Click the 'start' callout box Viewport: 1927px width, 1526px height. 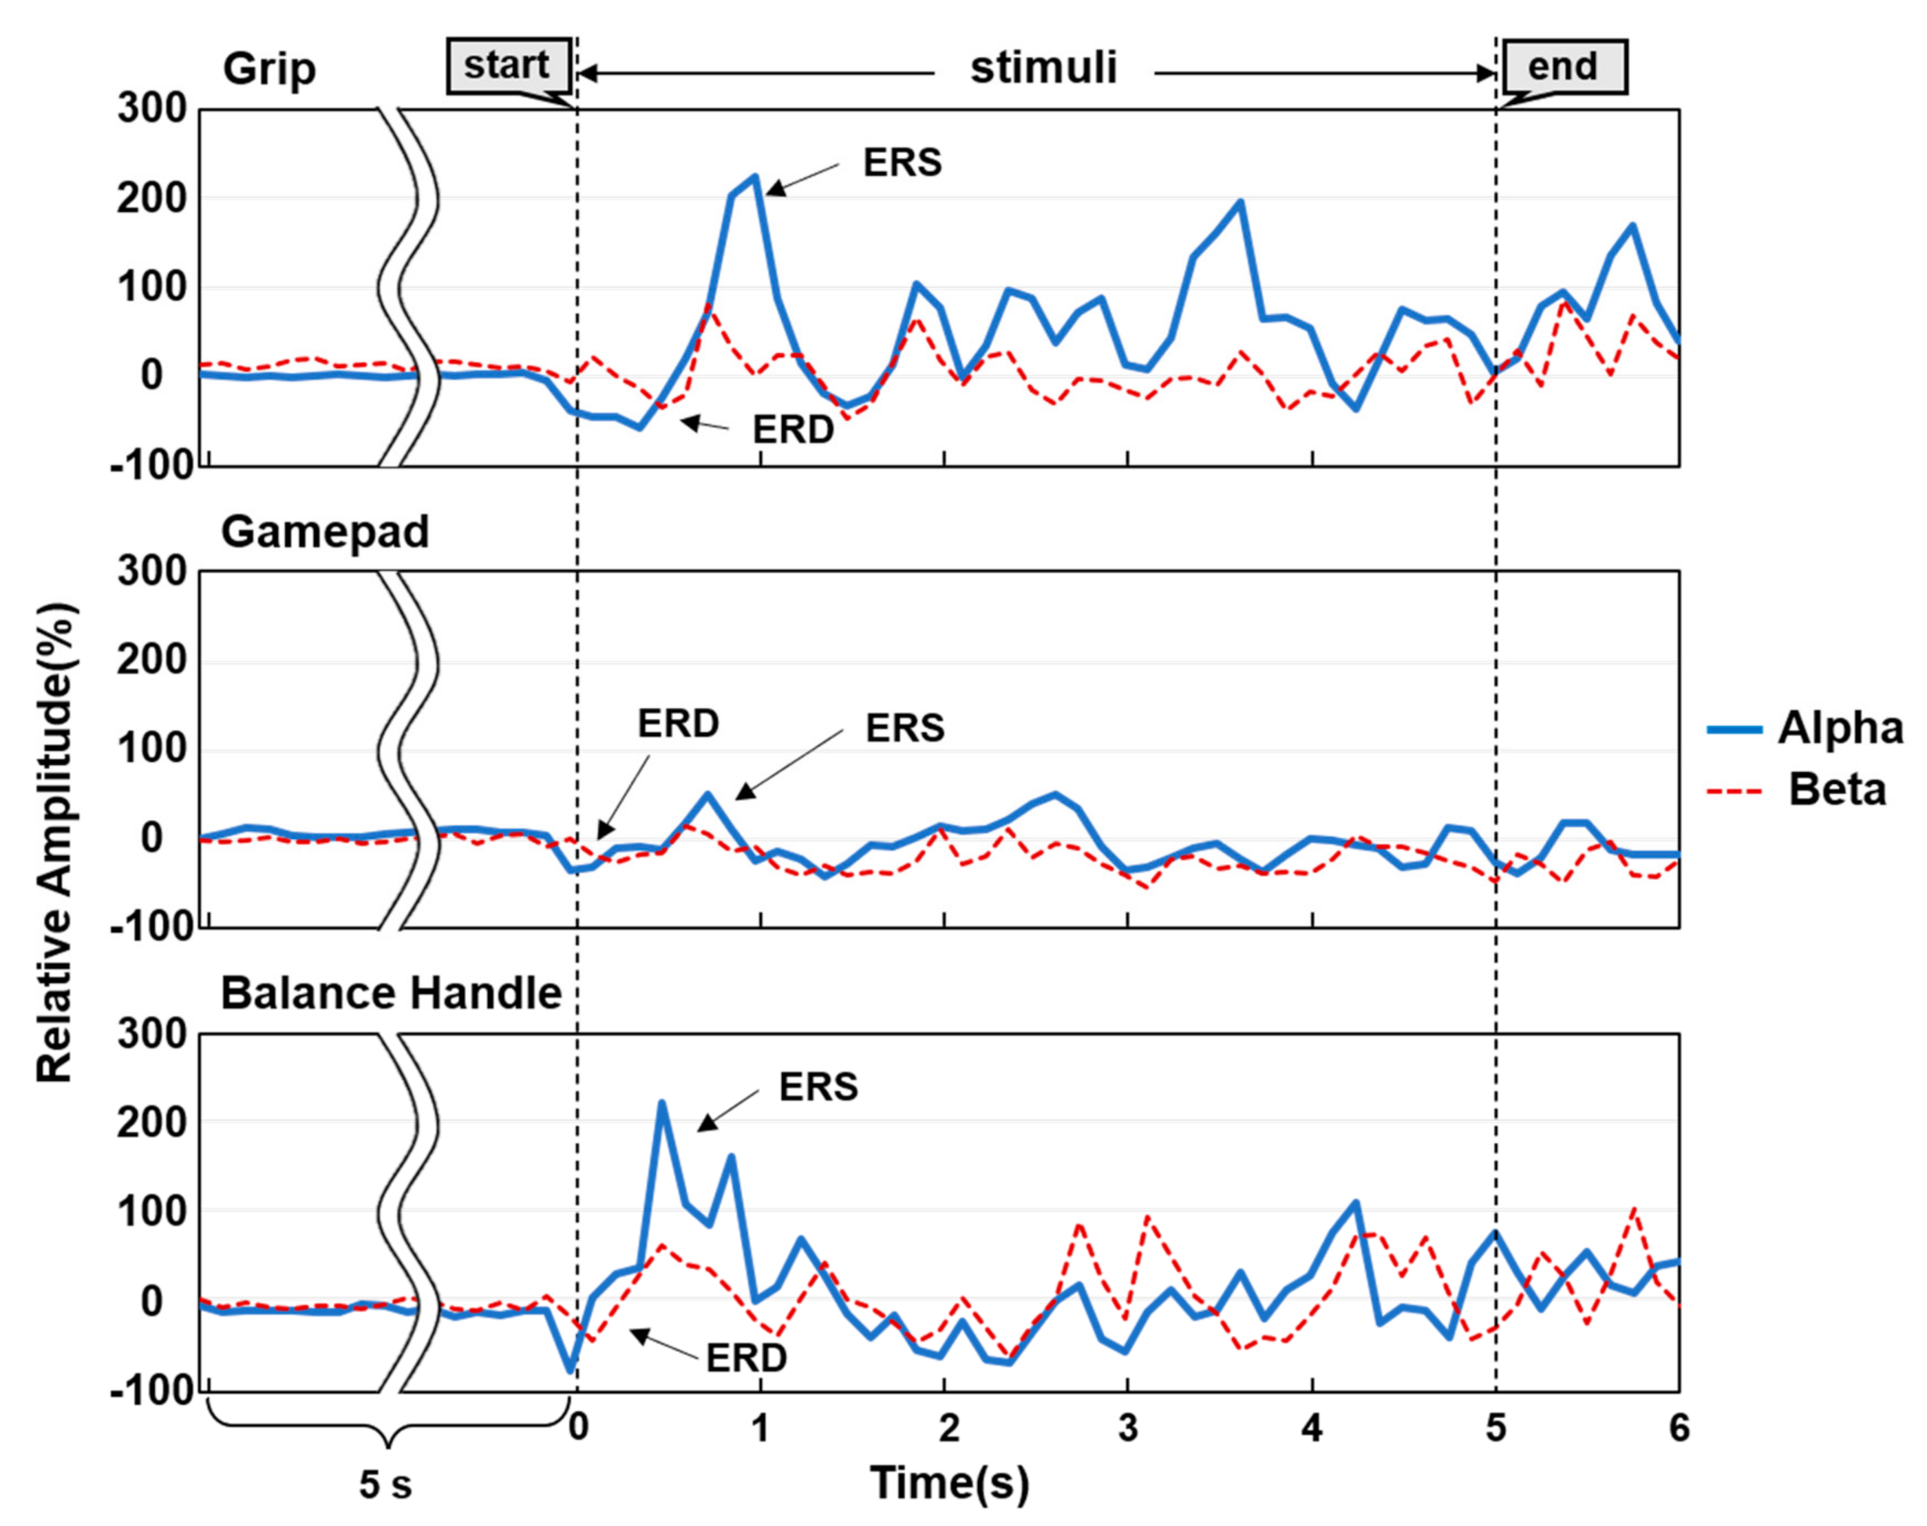click(508, 65)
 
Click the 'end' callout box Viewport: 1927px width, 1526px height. click(1563, 67)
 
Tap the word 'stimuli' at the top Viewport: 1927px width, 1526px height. click(1043, 68)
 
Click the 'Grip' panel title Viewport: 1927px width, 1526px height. click(269, 69)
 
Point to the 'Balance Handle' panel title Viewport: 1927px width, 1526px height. click(391, 993)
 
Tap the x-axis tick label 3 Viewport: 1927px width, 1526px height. click(1128, 1428)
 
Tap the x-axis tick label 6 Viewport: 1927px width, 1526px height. click(1679, 1428)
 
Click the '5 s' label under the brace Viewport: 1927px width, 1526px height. click(385, 1485)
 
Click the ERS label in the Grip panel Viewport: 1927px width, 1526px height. click(902, 162)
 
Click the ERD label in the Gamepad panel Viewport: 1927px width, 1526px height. click(677, 724)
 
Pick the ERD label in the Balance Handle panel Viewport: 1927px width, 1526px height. click(746, 1358)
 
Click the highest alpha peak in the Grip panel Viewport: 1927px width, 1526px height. click(755, 177)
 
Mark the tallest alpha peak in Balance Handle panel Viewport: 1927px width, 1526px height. click(662, 1104)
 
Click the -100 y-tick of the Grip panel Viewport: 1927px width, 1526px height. click(151, 466)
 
